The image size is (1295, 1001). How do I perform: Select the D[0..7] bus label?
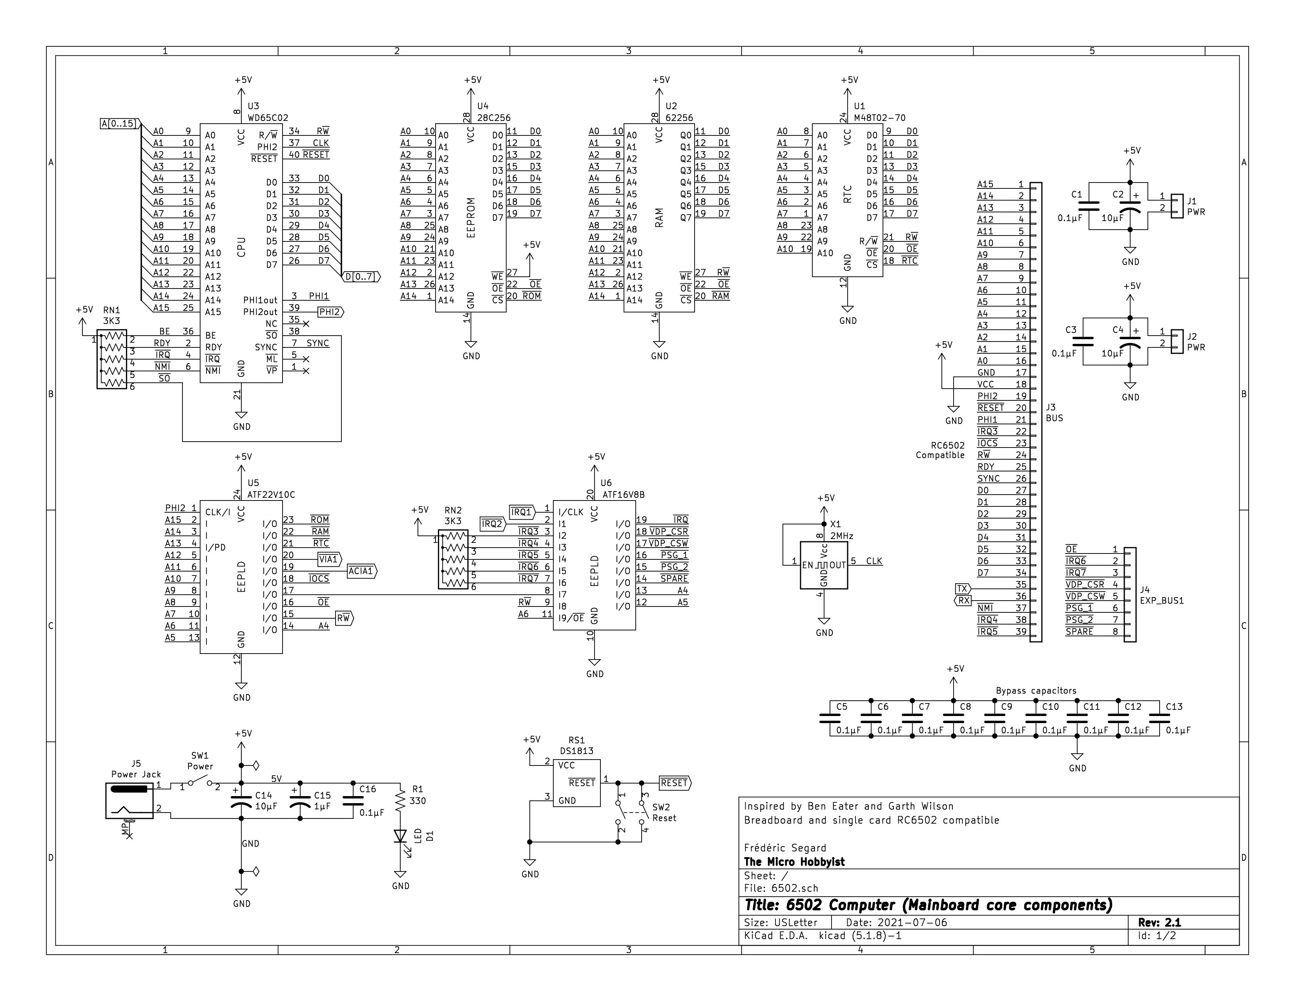click(361, 277)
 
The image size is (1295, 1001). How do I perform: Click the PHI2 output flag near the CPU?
click(330, 312)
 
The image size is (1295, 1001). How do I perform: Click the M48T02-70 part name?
click(879, 118)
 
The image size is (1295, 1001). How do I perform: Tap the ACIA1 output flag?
click(361, 571)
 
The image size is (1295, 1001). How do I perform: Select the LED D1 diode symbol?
click(400, 836)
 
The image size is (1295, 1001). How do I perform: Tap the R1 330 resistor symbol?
click(400, 800)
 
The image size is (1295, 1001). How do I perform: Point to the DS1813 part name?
click(576, 751)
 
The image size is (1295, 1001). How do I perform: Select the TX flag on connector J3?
click(962, 589)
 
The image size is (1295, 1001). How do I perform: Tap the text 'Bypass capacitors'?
click(1036, 691)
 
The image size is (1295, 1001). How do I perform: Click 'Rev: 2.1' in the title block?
click(1159, 923)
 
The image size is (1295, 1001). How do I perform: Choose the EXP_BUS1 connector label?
click(1162, 601)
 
